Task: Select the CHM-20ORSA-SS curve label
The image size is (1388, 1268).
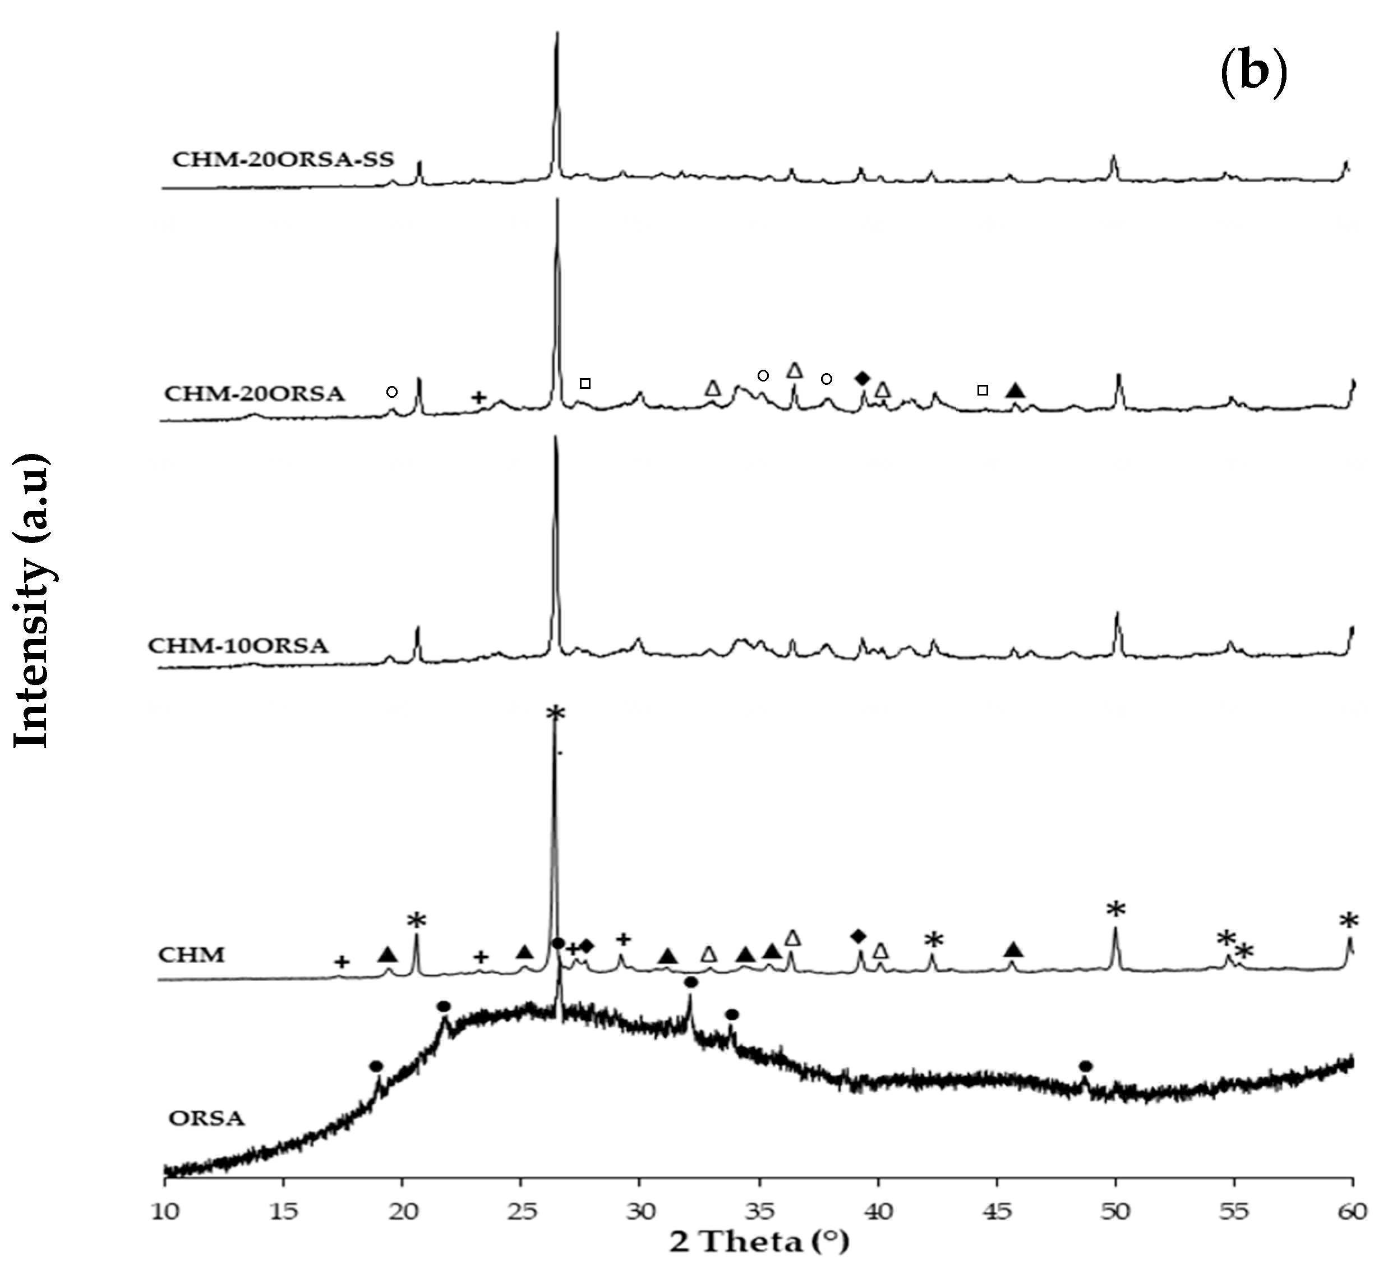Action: [x=283, y=160]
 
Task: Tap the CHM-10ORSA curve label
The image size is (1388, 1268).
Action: [x=238, y=645]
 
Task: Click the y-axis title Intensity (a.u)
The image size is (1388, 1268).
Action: [x=31, y=599]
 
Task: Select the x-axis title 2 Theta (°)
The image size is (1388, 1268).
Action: [x=759, y=1243]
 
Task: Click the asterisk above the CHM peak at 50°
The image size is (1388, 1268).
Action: [x=1115, y=911]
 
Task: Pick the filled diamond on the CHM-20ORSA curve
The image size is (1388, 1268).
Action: [x=862, y=378]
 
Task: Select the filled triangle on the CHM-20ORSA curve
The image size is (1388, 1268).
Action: [x=1016, y=391]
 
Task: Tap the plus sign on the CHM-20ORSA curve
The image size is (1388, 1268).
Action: [x=479, y=397]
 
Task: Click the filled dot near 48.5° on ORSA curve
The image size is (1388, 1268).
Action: [x=1086, y=1066]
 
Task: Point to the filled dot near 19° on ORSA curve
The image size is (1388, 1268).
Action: [x=376, y=1066]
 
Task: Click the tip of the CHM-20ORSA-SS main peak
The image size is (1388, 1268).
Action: [x=557, y=33]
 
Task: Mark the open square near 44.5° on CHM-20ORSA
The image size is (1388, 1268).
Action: [x=983, y=390]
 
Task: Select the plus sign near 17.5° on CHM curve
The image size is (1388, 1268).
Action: [x=342, y=962]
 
